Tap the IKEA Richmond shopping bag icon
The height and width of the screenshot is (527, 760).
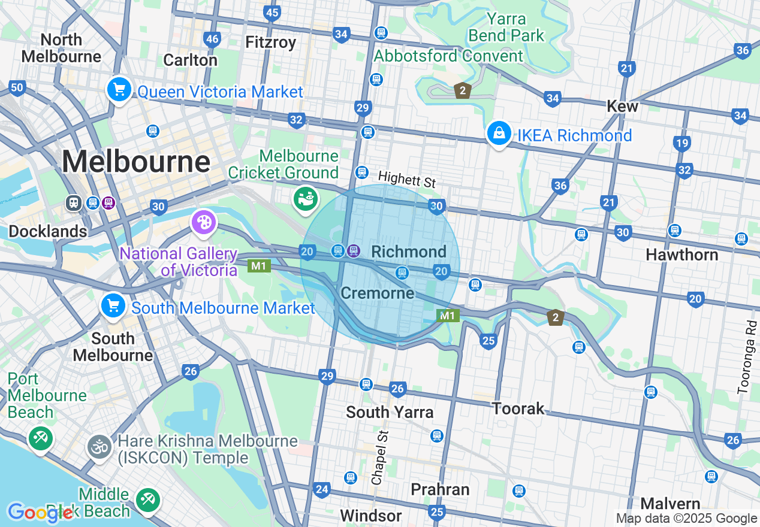[x=499, y=134]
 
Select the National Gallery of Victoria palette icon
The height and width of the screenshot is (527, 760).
[x=203, y=223]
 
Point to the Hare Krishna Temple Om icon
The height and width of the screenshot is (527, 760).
[x=99, y=447]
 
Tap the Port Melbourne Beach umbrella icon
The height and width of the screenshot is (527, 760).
[x=40, y=439]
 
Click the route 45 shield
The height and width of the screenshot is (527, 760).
[x=272, y=13]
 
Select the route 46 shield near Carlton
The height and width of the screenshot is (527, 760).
[x=212, y=40]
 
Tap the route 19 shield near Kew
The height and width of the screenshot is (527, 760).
[x=681, y=143]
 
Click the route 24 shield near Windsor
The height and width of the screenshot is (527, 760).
[x=322, y=490]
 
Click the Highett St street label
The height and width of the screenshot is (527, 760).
[x=407, y=178]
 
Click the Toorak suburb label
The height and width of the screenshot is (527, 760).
[x=518, y=409]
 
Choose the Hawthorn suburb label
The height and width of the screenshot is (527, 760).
[x=681, y=255]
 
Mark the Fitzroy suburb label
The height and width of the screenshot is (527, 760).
[x=271, y=42]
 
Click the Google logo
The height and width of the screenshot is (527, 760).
[x=40, y=512]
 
